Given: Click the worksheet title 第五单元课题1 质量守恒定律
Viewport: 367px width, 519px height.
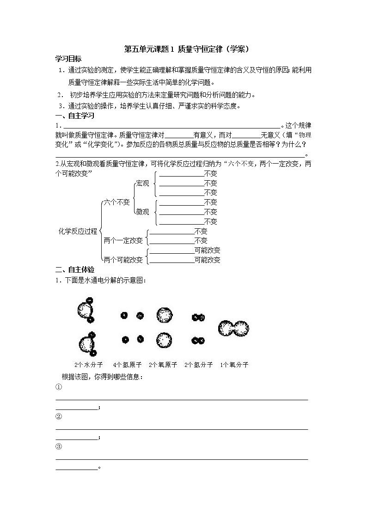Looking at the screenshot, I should (183, 49).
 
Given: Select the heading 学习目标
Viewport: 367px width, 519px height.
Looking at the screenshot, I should (68, 59).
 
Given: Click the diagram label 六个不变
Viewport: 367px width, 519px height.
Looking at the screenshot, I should (116, 202).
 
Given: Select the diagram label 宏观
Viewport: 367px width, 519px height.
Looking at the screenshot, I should (142, 183).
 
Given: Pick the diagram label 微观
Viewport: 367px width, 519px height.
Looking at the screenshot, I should (142, 212).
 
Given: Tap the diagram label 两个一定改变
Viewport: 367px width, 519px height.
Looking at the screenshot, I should (123, 240).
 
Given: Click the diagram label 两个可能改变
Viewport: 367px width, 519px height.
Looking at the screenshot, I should (123, 260).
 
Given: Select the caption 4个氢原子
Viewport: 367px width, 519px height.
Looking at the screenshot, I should (127, 365).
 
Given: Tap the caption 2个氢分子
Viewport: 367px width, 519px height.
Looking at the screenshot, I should (198, 365).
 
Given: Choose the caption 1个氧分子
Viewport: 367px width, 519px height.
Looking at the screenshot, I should (234, 365).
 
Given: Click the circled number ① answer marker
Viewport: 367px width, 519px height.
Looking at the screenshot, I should (59, 387).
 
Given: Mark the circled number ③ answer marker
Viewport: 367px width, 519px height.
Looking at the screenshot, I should (59, 446).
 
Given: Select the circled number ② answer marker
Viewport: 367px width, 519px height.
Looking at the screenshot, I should (59, 416).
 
